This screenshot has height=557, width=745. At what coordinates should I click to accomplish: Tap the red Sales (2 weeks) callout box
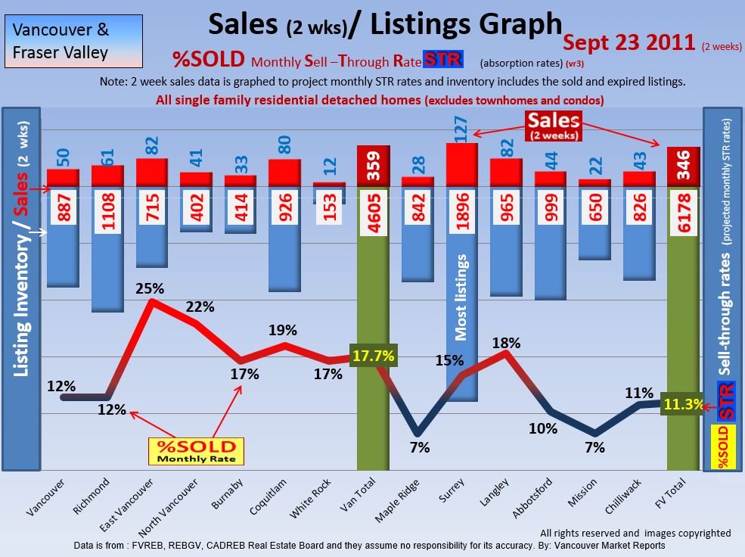coord(554,126)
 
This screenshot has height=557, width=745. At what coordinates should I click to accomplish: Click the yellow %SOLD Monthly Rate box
coord(196,450)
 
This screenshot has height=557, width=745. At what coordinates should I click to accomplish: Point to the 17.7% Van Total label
coord(372,356)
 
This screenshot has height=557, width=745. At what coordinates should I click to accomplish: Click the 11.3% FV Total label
coord(682,404)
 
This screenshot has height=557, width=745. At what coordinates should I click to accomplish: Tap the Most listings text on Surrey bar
coord(461,297)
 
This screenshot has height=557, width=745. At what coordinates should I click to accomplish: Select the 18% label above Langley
coord(506,343)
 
